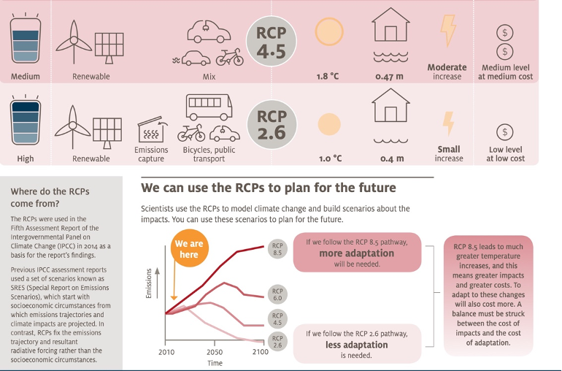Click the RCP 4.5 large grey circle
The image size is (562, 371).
pyautogui.click(x=272, y=41)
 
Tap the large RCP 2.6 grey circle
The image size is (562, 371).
pyautogui.click(x=272, y=124)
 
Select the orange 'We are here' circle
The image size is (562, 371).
pyautogui.click(x=189, y=248)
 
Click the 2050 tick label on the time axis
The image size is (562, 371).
pyautogui.click(x=215, y=352)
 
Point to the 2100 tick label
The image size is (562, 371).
pyautogui.click(x=261, y=352)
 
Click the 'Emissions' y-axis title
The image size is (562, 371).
pyautogui.click(x=149, y=283)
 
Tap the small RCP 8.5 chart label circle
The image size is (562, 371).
pyautogui.click(x=277, y=249)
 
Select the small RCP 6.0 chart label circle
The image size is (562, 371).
pyautogui.click(x=277, y=294)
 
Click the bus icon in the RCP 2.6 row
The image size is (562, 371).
pyautogui.click(x=209, y=107)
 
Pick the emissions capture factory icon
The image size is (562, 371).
pyautogui.click(x=151, y=129)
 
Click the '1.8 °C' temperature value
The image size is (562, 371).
pyautogui.click(x=327, y=77)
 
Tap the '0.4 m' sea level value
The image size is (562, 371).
pyautogui.click(x=392, y=158)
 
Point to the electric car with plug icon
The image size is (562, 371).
pyautogui.click(x=209, y=31)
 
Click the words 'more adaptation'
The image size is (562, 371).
pyautogui.click(x=357, y=253)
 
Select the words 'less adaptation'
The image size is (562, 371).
pyautogui.click(x=357, y=345)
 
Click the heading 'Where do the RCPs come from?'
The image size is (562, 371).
pyautogui.click(x=50, y=197)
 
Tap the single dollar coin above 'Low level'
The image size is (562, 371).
pyautogui.click(x=504, y=132)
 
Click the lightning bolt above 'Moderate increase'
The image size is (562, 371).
pyautogui.click(x=448, y=31)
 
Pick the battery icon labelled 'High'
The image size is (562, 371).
pyautogui.click(x=26, y=121)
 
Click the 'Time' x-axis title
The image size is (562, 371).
pyautogui.click(x=215, y=363)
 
